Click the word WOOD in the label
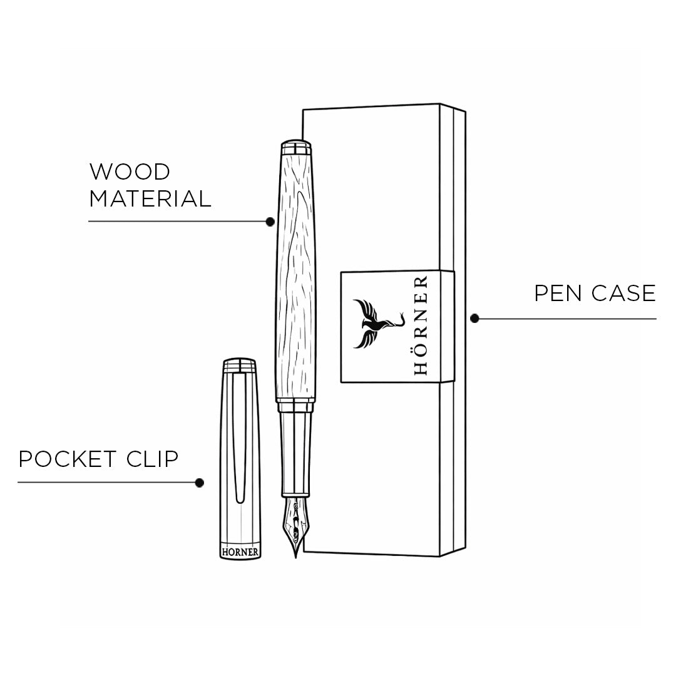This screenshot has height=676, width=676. click(130, 172)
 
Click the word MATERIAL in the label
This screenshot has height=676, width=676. click(150, 199)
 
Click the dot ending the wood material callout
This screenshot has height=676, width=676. click(270, 222)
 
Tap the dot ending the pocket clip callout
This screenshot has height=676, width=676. click(200, 483)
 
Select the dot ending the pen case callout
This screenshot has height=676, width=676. click(474, 319)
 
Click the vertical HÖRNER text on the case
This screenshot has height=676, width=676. click(421, 325)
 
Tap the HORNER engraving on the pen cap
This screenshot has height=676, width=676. click(241, 552)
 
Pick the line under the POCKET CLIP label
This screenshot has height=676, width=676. click(106, 483)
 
